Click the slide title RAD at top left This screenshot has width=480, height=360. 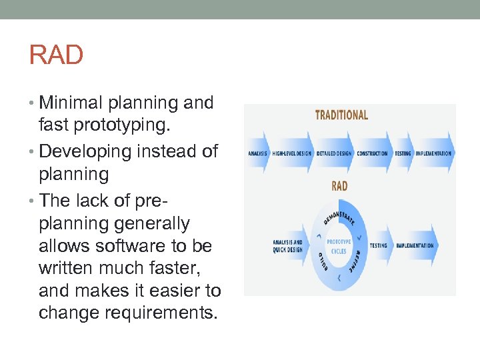point(56,55)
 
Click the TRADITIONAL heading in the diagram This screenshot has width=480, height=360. point(341,115)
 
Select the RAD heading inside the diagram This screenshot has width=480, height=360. point(339,186)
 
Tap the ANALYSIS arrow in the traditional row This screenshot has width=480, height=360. point(257,153)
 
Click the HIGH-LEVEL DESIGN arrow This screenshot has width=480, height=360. point(291,153)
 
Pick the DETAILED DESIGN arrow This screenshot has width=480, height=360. point(335,153)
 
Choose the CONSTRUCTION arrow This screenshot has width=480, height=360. point(373,153)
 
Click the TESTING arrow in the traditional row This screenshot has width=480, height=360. point(403,153)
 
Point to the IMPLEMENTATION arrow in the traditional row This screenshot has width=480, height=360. point(433,153)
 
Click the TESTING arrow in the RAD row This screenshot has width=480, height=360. point(378,245)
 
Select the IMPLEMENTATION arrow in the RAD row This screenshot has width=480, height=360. point(415,245)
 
